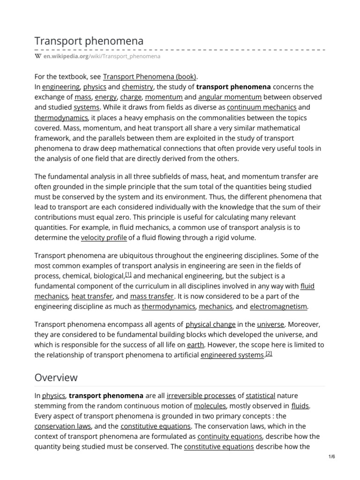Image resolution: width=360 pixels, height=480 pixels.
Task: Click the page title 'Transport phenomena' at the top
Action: (89, 41)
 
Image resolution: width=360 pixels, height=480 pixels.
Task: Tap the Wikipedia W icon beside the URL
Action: (38, 56)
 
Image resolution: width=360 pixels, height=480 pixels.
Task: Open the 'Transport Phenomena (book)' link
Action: (150, 76)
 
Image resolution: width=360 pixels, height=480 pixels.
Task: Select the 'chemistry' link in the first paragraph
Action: (137, 87)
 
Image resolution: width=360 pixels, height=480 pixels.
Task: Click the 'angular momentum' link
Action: (230, 97)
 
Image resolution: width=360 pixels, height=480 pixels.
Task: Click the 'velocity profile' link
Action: (104, 237)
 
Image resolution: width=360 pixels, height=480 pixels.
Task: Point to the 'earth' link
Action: (195, 345)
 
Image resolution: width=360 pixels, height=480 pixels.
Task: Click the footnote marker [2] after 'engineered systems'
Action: (269, 353)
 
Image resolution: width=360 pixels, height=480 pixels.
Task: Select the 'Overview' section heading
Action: (56, 377)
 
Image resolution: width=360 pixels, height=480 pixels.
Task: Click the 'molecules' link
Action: (210, 406)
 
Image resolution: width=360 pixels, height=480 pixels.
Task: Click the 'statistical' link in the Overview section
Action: (260, 396)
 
